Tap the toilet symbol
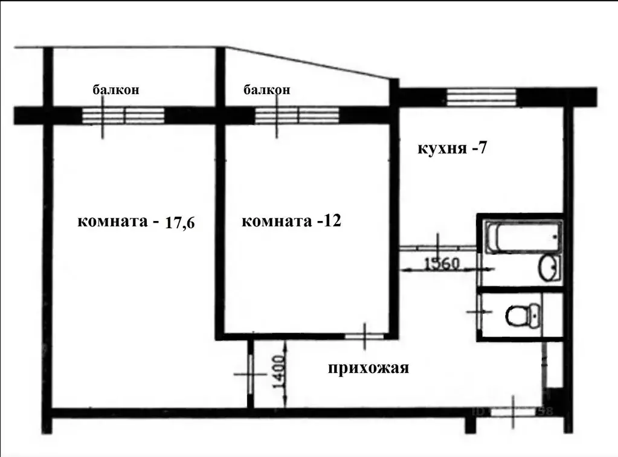tap(520, 314)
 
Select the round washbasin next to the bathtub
tap(550, 267)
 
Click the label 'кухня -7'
tap(452, 148)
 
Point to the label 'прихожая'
tap(369, 368)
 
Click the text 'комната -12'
tap(291, 222)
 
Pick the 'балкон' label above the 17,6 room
tap(116, 90)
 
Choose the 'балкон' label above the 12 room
tap(266, 90)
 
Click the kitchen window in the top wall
tap(481, 97)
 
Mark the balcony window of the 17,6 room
tap(123, 115)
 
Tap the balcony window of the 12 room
tap(296, 115)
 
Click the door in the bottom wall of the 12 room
tap(365, 334)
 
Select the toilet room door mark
tap(479, 312)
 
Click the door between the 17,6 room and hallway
tap(249, 374)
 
